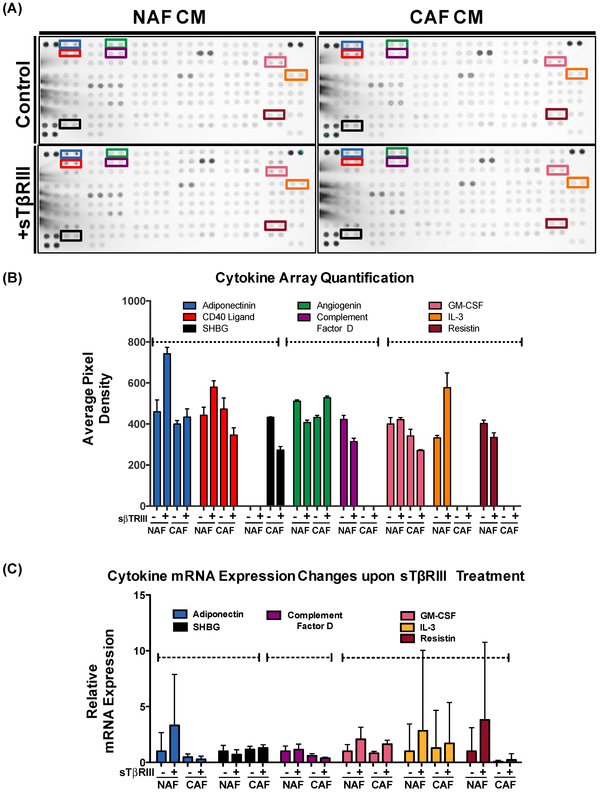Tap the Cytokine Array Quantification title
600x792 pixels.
(x=314, y=278)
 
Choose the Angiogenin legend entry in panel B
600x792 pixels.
(x=338, y=305)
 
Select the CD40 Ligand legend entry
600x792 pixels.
(x=228, y=317)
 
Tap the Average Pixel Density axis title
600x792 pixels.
(x=97, y=398)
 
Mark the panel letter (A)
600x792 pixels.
(x=12, y=8)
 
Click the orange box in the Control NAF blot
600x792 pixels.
(x=296, y=75)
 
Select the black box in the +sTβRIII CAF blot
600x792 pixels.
(x=351, y=234)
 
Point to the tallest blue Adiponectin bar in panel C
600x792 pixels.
(x=174, y=744)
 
